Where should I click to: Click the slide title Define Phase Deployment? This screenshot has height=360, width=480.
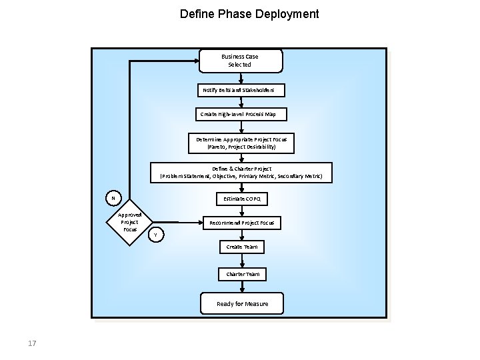pyautogui.click(x=249, y=14)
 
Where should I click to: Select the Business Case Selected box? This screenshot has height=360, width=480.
pyautogui.click(x=240, y=61)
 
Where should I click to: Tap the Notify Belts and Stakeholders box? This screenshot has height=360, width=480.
pyautogui.click(x=243, y=89)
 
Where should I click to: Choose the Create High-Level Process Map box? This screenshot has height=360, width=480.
pyautogui.click(x=241, y=115)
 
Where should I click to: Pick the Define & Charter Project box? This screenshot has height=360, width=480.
pyautogui.click(x=241, y=173)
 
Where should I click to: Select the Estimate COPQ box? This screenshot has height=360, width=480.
pyautogui.click(x=242, y=199)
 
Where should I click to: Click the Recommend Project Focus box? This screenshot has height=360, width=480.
pyautogui.click(x=241, y=223)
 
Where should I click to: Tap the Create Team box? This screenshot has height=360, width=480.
pyautogui.click(x=242, y=247)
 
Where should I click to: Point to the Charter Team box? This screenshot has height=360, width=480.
pyautogui.click(x=243, y=274)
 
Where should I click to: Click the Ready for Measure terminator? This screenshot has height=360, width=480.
pyautogui.click(x=242, y=304)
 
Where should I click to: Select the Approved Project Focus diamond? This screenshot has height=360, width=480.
pyautogui.click(x=130, y=222)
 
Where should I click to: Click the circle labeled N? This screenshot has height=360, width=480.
pyautogui.click(x=113, y=198)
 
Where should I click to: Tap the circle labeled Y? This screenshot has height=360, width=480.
pyautogui.click(x=155, y=235)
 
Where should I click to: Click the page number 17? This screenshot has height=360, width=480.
pyautogui.click(x=32, y=343)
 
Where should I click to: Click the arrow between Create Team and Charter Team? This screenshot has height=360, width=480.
pyautogui.click(x=243, y=261)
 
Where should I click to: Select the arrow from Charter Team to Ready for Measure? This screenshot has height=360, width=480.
pyautogui.click(x=243, y=287)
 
